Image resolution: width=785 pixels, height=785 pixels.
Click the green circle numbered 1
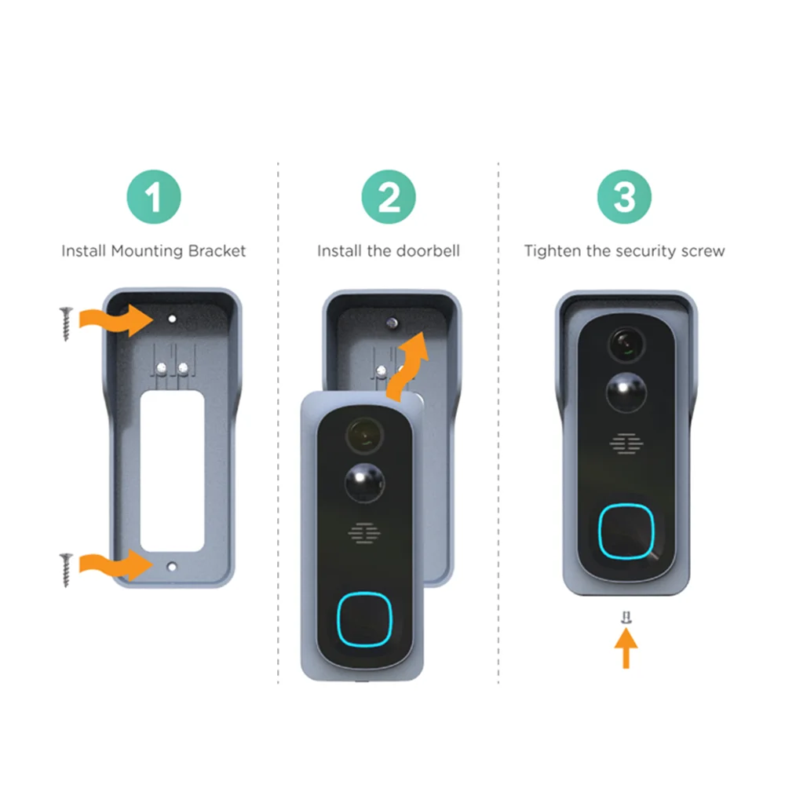point(154,197)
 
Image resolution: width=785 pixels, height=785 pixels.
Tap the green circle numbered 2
point(389,197)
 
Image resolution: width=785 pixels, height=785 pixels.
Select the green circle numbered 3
point(624,197)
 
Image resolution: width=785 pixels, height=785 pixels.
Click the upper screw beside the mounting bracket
point(66,324)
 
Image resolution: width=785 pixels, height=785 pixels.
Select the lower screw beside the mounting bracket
point(66,570)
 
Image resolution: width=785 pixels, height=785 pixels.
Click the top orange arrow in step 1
point(116,319)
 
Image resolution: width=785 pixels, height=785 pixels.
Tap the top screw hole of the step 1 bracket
point(172,319)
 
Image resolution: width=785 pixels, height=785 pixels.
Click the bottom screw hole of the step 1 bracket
point(172,567)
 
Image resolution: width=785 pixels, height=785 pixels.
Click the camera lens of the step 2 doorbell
point(364,435)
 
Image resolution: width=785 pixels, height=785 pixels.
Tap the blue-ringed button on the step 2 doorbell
point(364,620)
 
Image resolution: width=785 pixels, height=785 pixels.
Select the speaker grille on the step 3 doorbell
point(626,444)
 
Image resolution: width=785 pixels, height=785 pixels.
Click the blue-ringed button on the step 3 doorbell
point(626,531)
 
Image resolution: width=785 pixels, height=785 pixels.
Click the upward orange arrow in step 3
point(626,648)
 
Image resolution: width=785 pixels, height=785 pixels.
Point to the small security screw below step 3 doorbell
point(626,618)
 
